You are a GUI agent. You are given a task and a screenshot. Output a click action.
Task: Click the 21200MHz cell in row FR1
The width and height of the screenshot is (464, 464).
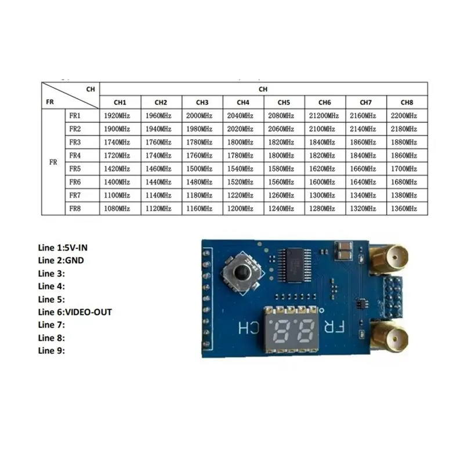point(325,115)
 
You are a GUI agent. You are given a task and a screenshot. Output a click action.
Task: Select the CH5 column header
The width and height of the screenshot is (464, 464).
point(284,103)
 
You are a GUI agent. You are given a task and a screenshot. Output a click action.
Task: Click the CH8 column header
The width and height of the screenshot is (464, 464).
point(407,103)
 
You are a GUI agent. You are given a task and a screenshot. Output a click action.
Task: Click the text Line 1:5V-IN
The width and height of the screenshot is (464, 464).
point(63,248)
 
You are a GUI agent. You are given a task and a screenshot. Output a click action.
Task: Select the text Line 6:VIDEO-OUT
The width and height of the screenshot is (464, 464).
point(75,312)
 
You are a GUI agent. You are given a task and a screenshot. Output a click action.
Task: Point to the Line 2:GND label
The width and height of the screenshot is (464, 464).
point(61,260)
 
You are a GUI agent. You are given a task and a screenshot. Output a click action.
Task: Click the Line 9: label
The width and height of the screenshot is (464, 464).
point(52,351)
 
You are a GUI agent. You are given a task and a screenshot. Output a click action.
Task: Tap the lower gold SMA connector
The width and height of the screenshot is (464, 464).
point(390,336)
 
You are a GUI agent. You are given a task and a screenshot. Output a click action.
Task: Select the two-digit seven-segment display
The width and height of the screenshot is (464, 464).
point(292,329)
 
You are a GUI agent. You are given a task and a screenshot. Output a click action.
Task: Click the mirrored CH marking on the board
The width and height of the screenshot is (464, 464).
point(249,328)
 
